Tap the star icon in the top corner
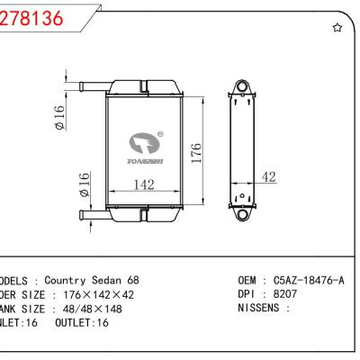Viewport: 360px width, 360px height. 337,28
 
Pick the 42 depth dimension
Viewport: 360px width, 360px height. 268,178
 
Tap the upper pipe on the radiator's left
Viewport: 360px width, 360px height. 90,86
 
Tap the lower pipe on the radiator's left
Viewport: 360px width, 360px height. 90,214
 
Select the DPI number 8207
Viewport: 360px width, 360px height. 287,294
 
